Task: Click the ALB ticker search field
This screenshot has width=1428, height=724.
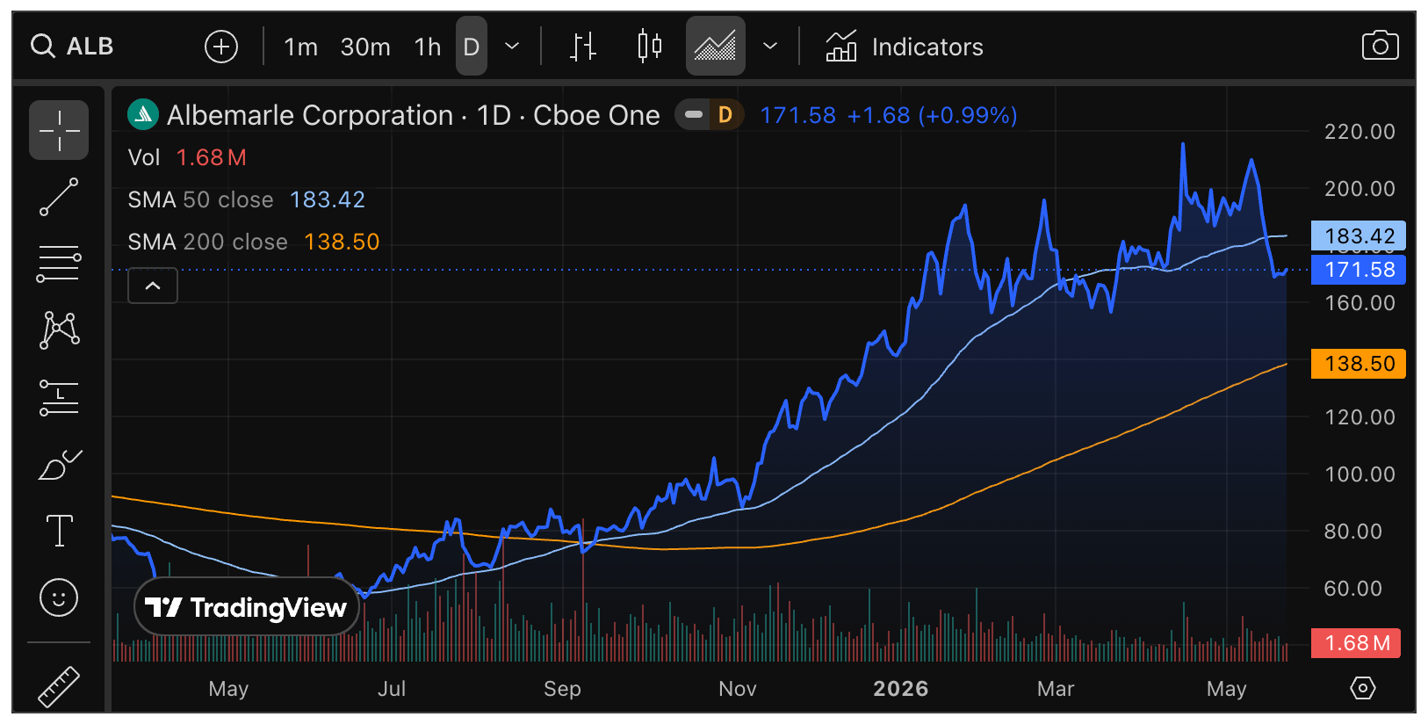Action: (x=72, y=47)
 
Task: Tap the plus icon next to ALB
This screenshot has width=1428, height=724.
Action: (x=221, y=47)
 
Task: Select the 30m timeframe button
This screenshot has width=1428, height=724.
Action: (x=365, y=47)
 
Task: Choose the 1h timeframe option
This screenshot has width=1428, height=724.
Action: (x=427, y=47)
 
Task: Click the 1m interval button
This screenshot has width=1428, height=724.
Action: (x=300, y=47)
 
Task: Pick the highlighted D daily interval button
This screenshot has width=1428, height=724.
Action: (x=471, y=47)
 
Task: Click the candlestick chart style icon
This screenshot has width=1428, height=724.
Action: (x=650, y=47)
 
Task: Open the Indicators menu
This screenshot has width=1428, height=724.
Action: (x=905, y=47)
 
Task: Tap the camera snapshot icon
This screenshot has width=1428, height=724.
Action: (x=1381, y=46)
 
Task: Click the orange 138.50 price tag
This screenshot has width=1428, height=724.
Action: (x=1358, y=364)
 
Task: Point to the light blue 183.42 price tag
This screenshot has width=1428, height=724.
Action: (x=1358, y=236)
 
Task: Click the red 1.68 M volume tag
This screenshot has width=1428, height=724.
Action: (x=1355, y=643)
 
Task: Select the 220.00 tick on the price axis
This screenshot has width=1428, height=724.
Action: (x=1359, y=132)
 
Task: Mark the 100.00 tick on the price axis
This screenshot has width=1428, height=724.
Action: (x=1359, y=474)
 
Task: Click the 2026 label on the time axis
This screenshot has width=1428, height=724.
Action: (x=900, y=689)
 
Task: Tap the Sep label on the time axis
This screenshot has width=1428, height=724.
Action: (x=562, y=689)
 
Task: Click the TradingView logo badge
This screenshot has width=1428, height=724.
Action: (x=247, y=606)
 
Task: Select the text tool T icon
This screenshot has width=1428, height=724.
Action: (x=60, y=531)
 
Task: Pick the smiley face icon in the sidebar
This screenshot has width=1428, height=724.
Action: (x=59, y=597)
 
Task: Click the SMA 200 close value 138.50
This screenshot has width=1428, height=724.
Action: (x=342, y=242)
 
